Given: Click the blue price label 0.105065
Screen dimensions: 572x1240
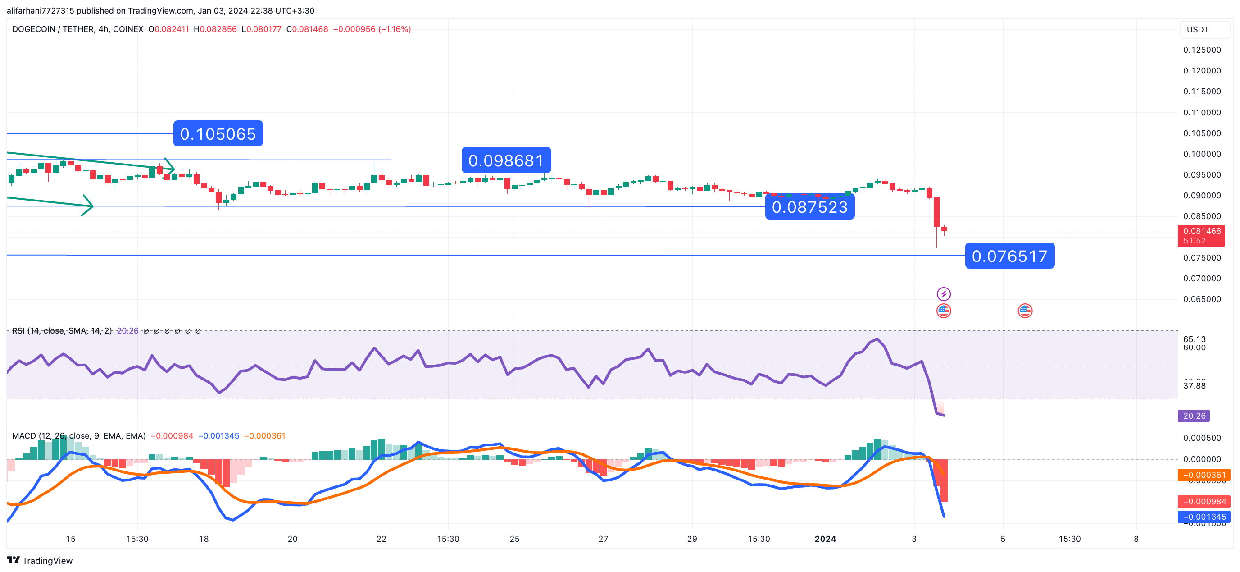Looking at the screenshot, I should click(218, 133).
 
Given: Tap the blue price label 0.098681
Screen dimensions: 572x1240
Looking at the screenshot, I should click(506, 160).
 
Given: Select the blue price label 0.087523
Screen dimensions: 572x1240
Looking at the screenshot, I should click(810, 207).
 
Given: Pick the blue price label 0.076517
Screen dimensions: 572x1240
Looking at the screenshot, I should click(1009, 256).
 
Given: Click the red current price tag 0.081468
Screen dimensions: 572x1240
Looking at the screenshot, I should click(1202, 231).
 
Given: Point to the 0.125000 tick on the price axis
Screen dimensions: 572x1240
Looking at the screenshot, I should click(1202, 50).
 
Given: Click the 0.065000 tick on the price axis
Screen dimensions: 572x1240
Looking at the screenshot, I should click(1202, 299).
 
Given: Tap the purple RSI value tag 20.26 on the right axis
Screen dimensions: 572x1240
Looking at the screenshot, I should click(1194, 416).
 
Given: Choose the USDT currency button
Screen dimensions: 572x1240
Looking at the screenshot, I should click(1197, 30).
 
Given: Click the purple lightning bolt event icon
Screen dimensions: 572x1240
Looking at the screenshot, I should click(944, 294).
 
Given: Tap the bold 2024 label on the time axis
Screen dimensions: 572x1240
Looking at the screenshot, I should click(825, 539).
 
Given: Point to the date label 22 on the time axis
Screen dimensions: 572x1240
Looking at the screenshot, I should click(381, 539).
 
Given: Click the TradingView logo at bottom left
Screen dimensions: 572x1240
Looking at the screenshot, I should click(40, 560).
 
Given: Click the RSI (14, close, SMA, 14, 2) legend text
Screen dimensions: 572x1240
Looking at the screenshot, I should click(62, 331).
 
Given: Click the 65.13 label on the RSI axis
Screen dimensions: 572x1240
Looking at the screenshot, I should click(1194, 339).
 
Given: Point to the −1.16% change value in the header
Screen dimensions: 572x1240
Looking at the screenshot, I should click(395, 29).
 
